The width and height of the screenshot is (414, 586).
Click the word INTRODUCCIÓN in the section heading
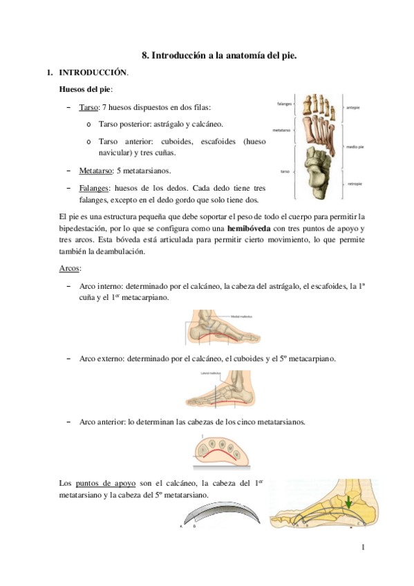[93, 72]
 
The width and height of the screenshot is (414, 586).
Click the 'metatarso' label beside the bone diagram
[282, 129]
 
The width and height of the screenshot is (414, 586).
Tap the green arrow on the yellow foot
[350, 500]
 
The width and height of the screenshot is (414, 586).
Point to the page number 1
[362, 547]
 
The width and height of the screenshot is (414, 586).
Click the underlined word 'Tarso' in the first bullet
[89, 108]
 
